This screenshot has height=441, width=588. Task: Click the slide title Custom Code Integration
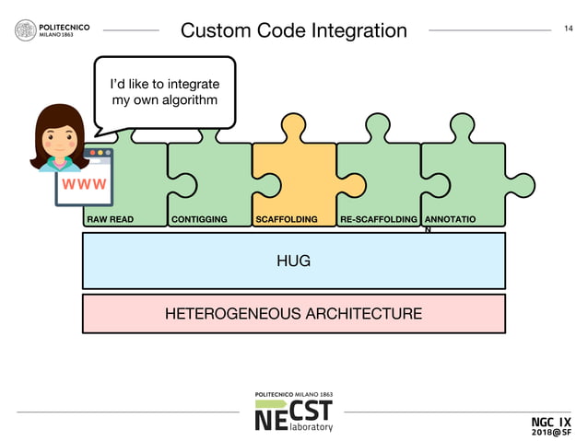coord(293,30)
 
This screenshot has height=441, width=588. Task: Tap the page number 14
coord(568,29)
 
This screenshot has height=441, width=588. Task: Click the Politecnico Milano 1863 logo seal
coord(25,30)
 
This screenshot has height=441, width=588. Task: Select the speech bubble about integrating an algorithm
coord(164,92)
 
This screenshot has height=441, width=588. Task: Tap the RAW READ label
coord(110,220)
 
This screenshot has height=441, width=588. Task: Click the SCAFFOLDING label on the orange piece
coord(287,220)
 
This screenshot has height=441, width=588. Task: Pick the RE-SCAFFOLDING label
coord(378,220)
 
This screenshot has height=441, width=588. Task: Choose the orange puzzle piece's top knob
coord(294,125)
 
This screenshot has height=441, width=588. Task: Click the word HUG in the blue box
coord(293,261)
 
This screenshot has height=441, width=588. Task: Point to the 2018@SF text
coord(551,432)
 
